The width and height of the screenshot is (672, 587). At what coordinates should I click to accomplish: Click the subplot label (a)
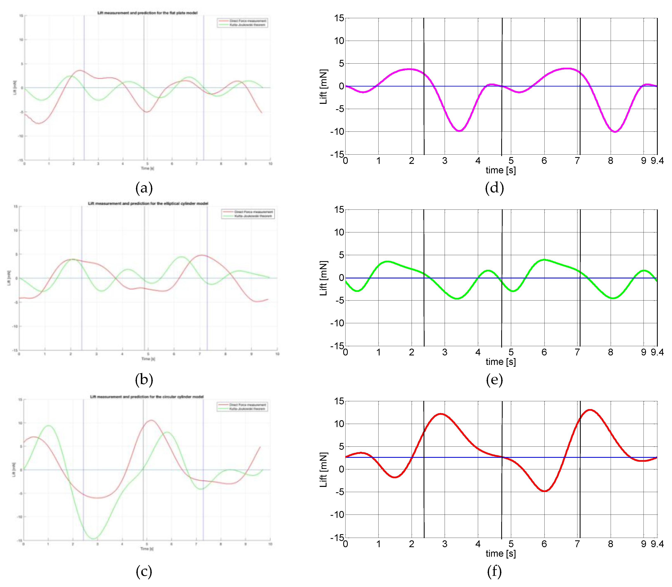[x=144, y=188]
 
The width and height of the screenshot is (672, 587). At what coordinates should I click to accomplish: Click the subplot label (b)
[x=144, y=379]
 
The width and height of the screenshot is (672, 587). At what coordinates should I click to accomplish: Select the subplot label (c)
[x=144, y=571]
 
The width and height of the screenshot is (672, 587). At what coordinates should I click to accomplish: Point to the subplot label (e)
[x=494, y=379]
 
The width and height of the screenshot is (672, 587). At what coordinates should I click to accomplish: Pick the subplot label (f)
[x=494, y=571]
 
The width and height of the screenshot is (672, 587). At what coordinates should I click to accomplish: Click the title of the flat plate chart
[x=147, y=13]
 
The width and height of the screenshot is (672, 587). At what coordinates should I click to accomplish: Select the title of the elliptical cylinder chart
[x=148, y=204]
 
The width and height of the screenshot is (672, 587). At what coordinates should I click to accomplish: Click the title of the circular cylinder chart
[x=147, y=397]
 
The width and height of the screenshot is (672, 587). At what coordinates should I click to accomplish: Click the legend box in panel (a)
[x=242, y=23]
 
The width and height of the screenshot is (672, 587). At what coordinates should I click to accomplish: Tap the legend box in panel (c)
[x=242, y=407]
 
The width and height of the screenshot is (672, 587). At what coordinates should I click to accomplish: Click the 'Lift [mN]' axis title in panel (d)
[x=324, y=86]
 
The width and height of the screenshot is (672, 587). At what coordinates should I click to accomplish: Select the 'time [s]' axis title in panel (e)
[x=501, y=362]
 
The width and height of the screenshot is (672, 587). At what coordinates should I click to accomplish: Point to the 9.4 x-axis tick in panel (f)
[x=657, y=544]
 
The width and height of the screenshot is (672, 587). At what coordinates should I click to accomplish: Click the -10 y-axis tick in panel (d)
[x=337, y=132]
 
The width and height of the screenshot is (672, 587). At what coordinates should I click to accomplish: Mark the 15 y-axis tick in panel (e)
[x=339, y=210]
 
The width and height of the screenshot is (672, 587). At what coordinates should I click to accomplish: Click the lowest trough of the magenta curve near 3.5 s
[x=459, y=131]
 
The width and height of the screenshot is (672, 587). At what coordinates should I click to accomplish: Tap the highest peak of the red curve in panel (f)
[x=590, y=410]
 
